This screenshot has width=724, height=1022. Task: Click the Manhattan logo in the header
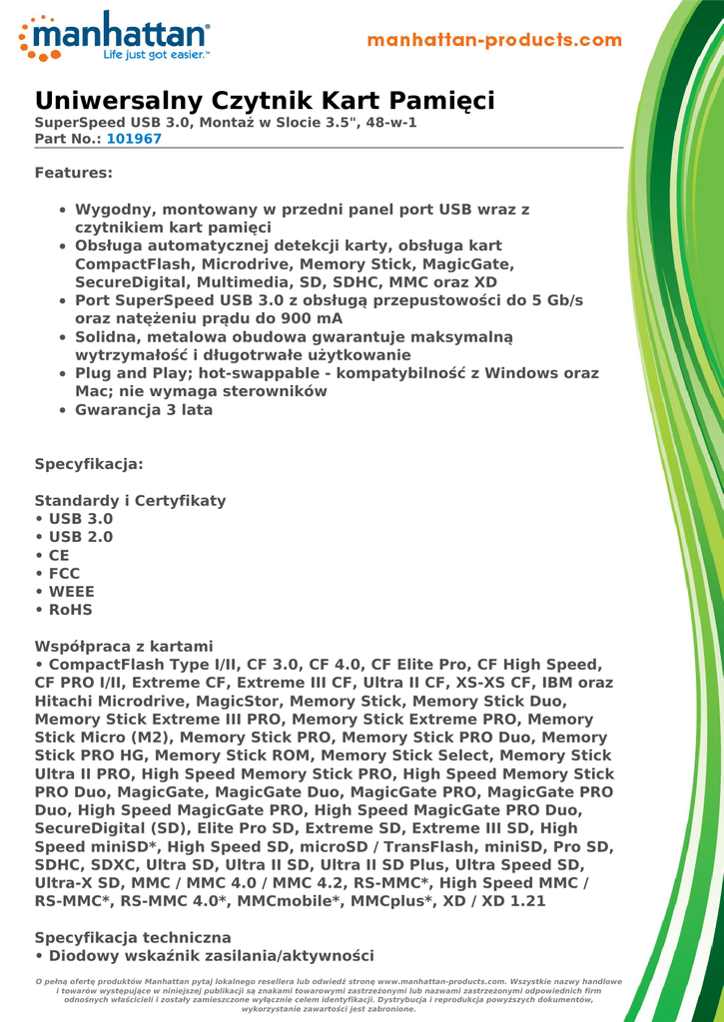(x=114, y=38)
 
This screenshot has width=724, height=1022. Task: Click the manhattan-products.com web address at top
(x=494, y=41)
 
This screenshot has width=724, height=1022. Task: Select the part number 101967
(x=134, y=139)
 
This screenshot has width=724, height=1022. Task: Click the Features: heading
(x=74, y=173)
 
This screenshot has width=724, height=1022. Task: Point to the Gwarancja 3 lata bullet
(x=144, y=409)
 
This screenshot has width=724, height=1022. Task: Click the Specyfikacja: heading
(x=89, y=464)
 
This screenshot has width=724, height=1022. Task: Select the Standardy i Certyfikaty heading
(x=130, y=500)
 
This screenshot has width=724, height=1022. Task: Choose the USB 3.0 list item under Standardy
(x=80, y=519)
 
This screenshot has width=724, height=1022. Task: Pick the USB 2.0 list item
(x=80, y=537)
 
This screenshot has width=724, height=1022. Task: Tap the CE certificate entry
(x=59, y=555)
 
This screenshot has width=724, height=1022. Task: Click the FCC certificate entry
(x=64, y=573)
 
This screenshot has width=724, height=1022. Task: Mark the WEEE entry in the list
(x=71, y=591)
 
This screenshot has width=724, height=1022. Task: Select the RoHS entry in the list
(x=70, y=609)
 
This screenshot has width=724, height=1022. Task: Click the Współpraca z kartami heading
(x=124, y=646)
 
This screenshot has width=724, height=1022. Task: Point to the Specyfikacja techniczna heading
(x=133, y=937)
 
